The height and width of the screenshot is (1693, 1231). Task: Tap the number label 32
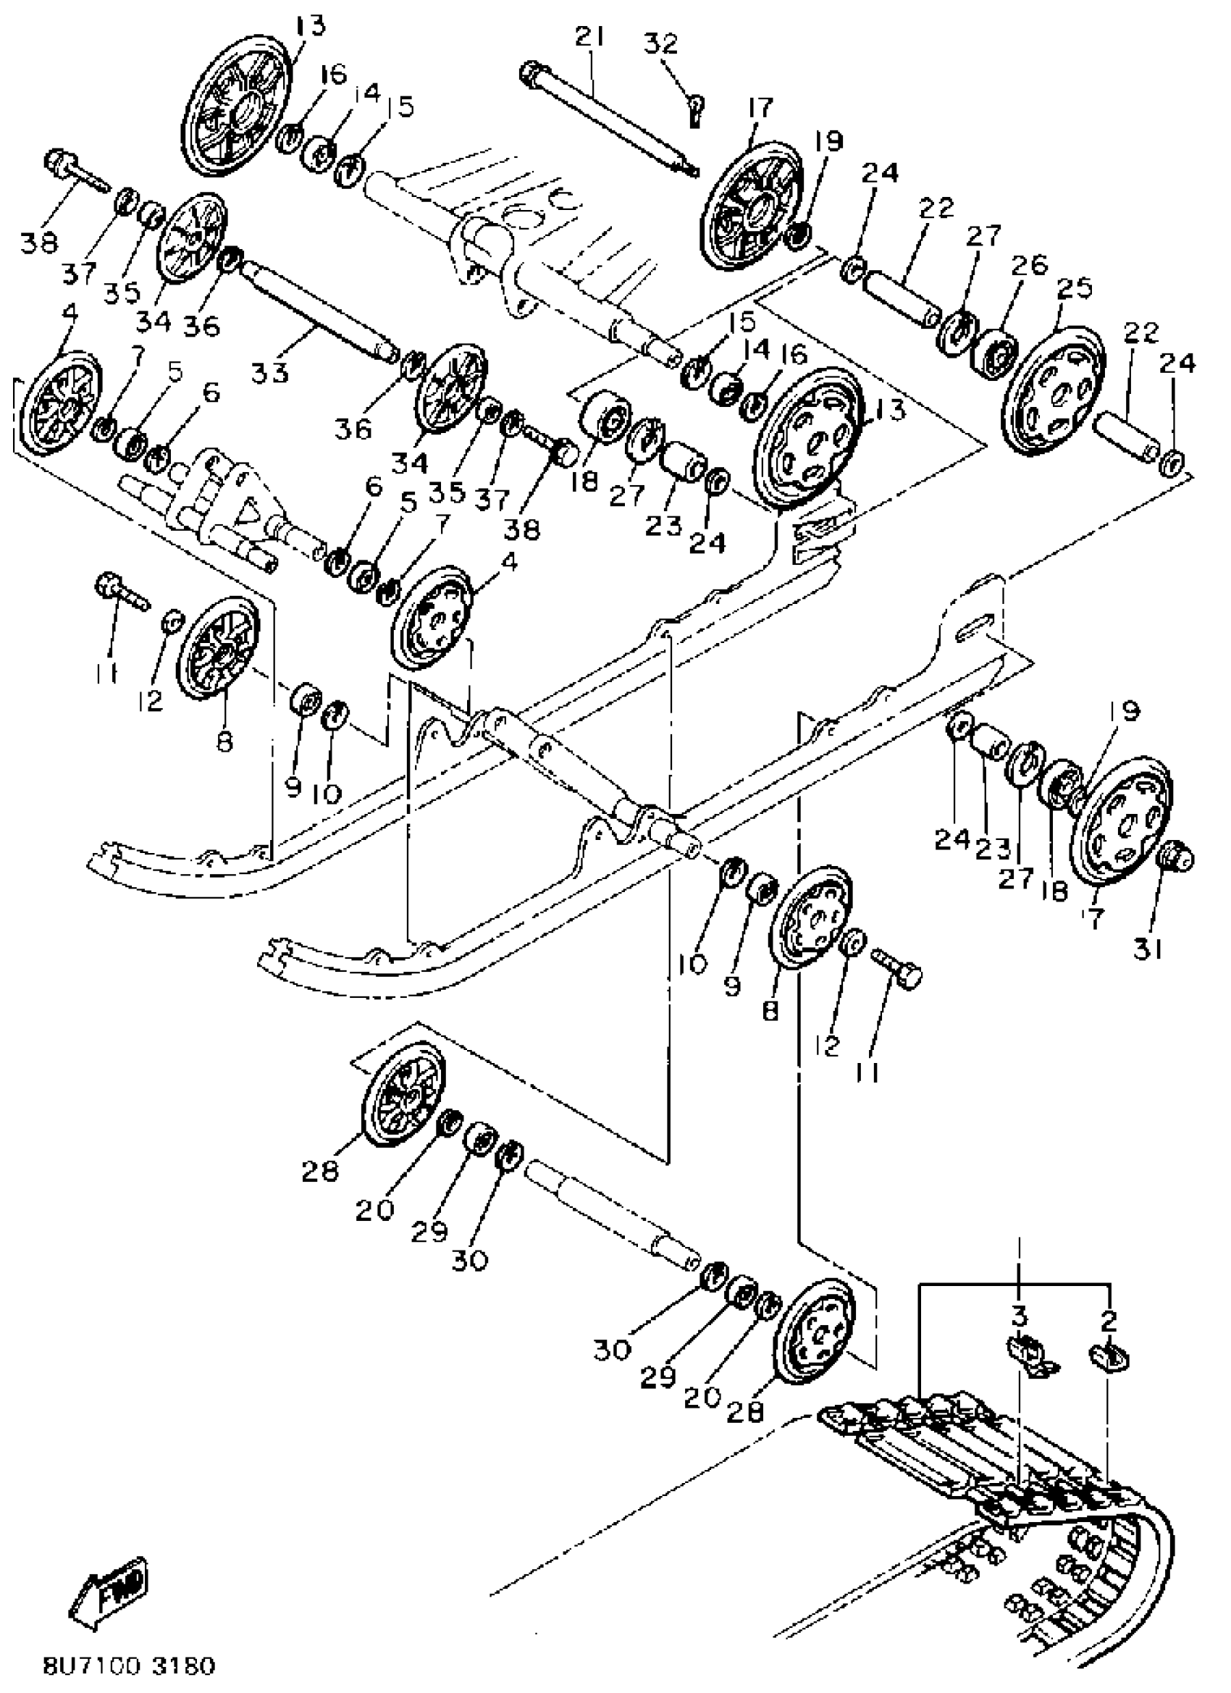660,44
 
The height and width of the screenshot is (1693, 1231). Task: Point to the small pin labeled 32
696,111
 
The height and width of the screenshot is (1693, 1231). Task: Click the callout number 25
1075,287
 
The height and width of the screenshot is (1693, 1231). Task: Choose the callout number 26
1030,264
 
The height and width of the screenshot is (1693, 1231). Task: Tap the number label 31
1148,951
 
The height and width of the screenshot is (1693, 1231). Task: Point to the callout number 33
269,371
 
